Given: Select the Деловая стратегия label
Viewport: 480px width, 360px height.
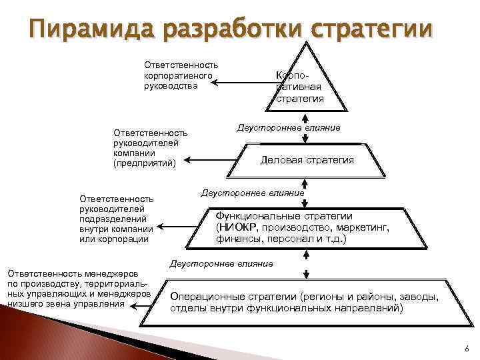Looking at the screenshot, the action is (x=307, y=160).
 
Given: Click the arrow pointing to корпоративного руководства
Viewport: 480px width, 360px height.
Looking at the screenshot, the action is (x=243, y=83).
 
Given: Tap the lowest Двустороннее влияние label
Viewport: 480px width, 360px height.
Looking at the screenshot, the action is (x=221, y=264).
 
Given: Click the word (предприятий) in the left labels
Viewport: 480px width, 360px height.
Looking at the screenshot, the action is (x=145, y=163).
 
